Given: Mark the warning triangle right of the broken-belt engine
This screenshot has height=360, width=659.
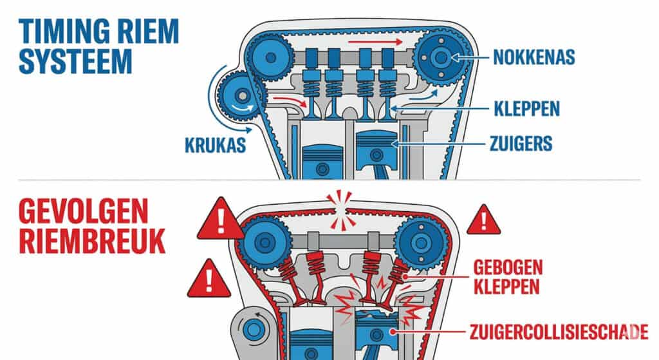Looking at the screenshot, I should tap(483, 221).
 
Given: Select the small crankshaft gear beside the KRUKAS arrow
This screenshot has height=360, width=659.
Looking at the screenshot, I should tap(239, 96).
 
